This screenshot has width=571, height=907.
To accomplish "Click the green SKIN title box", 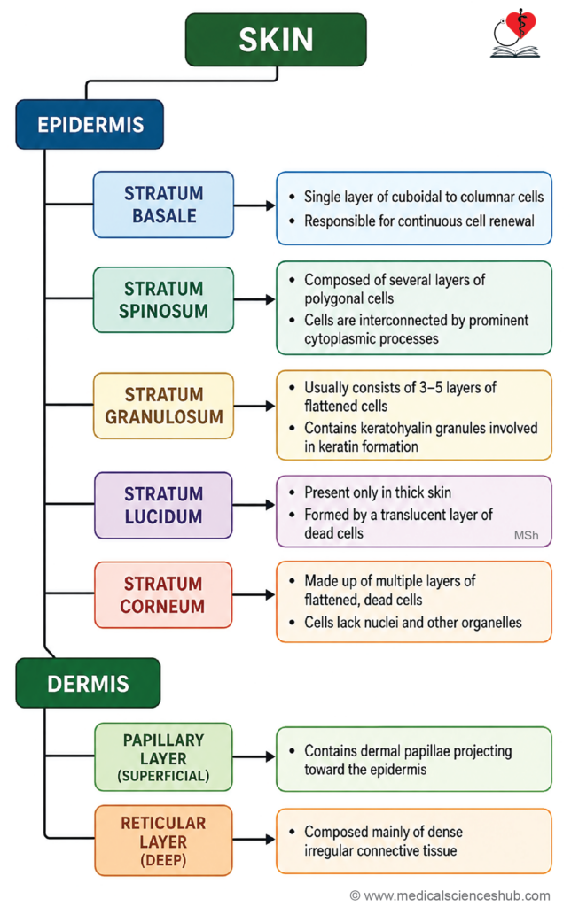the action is (276, 39).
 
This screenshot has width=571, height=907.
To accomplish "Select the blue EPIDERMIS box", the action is (90, 124).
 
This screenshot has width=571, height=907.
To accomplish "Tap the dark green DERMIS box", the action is (88, 683).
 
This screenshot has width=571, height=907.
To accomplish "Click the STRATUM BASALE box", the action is (163, 205).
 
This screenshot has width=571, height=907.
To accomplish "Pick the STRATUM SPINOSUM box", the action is (163, 299).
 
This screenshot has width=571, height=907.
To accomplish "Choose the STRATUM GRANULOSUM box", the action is (163, 406).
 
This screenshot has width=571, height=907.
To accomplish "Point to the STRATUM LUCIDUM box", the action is (163, 505).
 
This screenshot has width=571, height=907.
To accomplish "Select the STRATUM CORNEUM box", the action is (163, 594).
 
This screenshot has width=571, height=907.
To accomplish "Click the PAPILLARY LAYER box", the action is (163, 756).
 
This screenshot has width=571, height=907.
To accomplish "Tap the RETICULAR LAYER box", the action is (163, 841).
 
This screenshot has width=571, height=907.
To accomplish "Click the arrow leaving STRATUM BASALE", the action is (254, 205).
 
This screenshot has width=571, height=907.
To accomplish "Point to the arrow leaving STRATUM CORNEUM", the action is (254, 594).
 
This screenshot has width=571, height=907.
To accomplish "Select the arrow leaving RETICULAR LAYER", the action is (254, 840).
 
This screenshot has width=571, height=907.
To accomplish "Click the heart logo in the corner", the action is (515, 34).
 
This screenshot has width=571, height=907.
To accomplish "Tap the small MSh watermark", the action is (526, 536).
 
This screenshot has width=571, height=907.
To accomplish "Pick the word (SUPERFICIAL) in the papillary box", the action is (163, 776).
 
